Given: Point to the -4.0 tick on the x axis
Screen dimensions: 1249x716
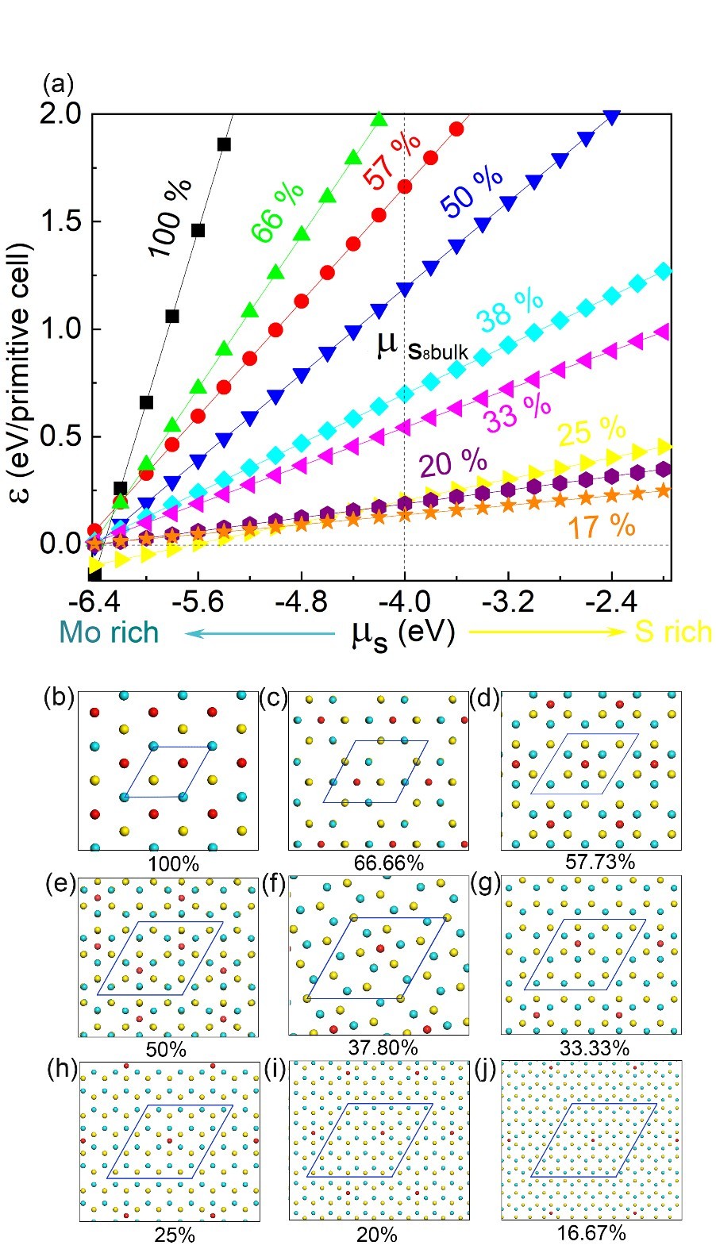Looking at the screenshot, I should point(404,600).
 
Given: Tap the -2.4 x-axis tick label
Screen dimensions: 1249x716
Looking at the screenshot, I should point(611,600).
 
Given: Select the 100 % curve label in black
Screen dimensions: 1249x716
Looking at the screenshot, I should point(170,218).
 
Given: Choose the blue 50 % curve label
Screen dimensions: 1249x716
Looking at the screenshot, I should point(472,192).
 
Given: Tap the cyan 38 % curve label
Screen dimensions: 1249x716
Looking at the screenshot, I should point(510,310).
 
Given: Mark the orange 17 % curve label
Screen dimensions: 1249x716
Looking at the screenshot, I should point(601,526).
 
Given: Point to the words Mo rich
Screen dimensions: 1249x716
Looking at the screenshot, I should point(109,632).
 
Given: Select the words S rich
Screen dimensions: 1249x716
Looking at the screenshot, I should point(674,632).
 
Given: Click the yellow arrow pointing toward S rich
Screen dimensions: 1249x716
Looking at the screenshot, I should point(548,632).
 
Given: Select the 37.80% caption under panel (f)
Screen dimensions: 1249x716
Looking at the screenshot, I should point(383,1047).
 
